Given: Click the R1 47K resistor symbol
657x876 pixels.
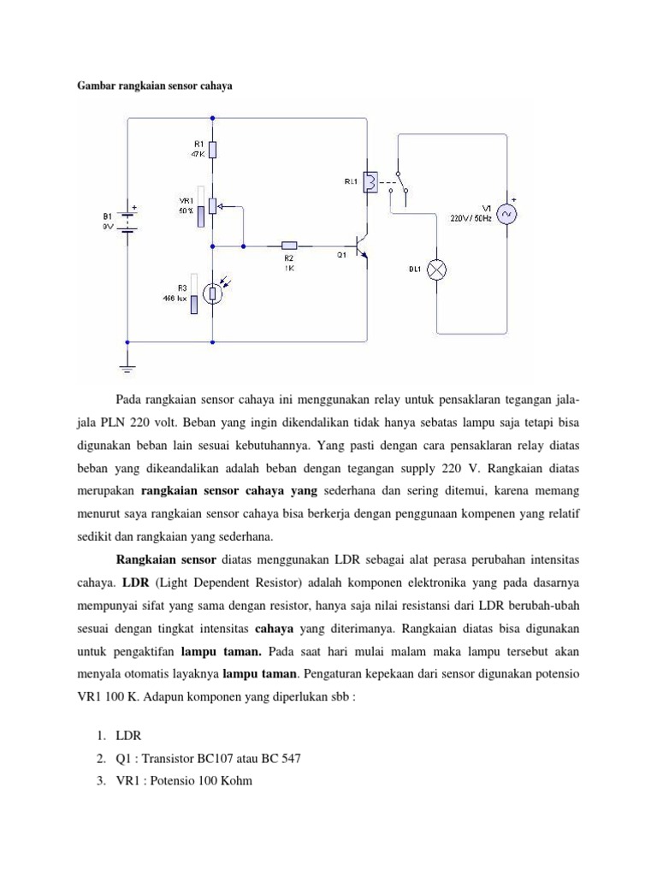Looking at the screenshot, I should pos(212,150).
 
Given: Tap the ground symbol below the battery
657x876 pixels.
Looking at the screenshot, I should pos(128,367).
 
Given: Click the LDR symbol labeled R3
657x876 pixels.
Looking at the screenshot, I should pos(212,292).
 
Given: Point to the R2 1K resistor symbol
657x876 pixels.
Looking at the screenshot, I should pos(289,246).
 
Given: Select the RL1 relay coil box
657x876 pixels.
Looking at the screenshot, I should pos(371,182).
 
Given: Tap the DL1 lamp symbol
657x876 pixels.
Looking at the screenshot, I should pos(437,270).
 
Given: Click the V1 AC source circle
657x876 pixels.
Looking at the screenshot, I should pos(508,214).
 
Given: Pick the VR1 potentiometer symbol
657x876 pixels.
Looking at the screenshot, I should pos(212,206).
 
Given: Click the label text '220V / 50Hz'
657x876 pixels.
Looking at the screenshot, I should pos(471,218).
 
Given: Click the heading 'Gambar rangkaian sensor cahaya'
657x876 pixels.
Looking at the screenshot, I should pos(156,86).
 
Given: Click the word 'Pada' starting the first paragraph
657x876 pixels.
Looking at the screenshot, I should pos(131,401).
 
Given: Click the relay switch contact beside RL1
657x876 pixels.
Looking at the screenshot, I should pos(399,182).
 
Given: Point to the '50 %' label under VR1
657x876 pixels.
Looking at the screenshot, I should pos(186,210).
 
